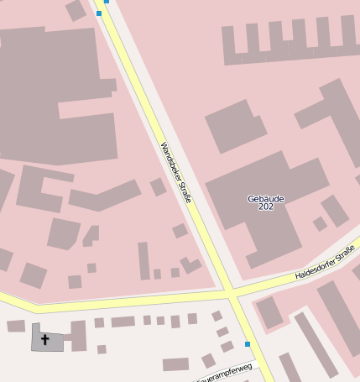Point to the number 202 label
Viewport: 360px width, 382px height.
pyautogui.click(x=266, y=207)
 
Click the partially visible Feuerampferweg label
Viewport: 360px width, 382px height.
pyautogui.click(x=224, y=373)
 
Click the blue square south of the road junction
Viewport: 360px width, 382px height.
pyautogui.click(x=248, y=344)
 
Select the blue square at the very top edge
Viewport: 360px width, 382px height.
pyautogui.click(x=107, y=2)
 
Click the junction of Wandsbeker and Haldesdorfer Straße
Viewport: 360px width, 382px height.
pyautogui.click(x=230, y=292)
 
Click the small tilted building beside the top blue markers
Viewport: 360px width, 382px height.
pyautogui.click(x=76, y=10)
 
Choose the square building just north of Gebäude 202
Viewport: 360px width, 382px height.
pyautogui.click(x=236, y=126)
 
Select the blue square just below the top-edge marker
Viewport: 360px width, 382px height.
pyautogui.click(x=99, y=13)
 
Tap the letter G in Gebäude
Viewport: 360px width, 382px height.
pyautogui.click(x=251, y=199)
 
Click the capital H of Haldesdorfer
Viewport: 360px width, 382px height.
pyautogui.click(x=298, y=276)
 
